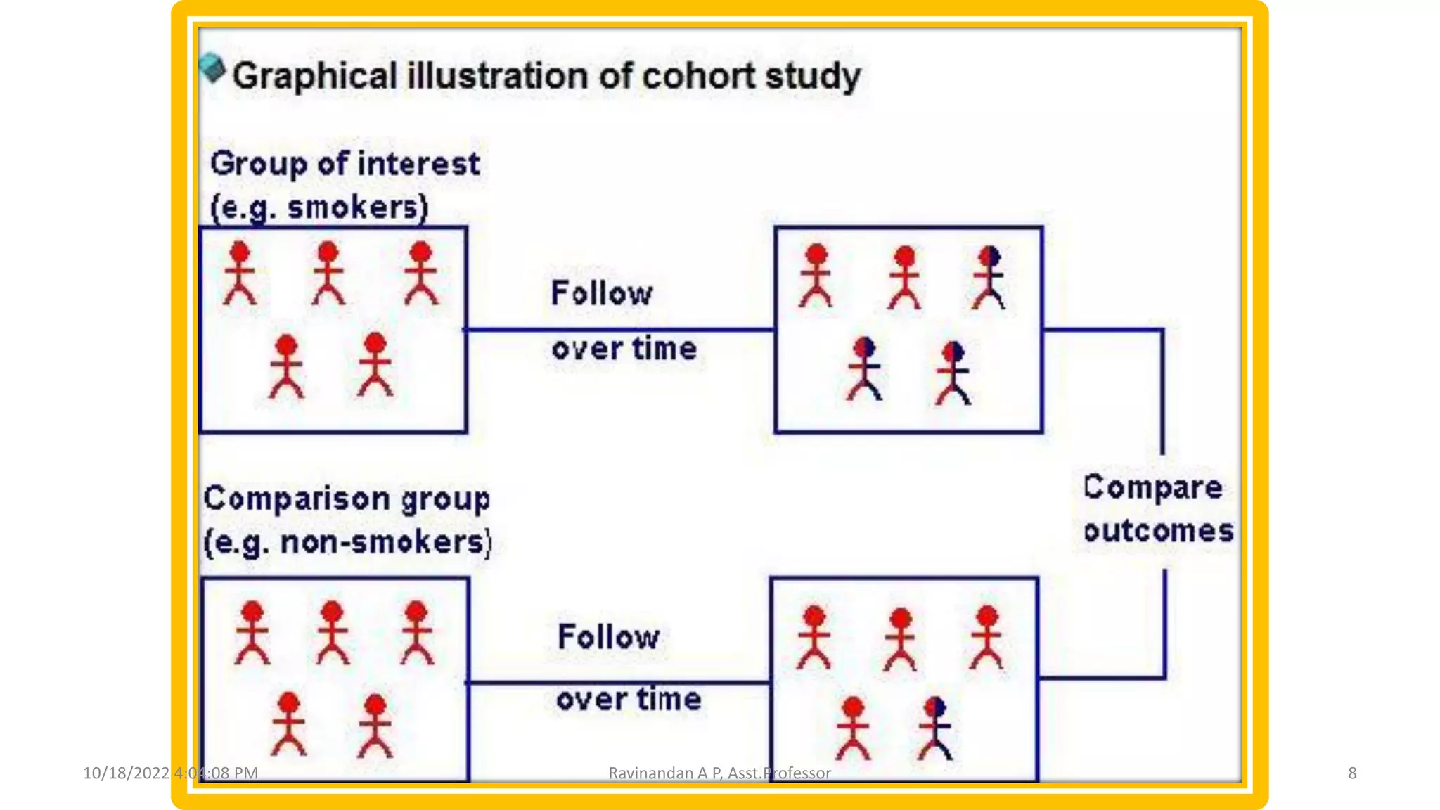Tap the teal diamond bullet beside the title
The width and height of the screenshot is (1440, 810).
[212, 69]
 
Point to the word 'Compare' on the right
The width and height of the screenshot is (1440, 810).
[1152, 487]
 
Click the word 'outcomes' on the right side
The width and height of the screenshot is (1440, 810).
[1158, 531]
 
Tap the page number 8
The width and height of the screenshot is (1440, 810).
[1351, 773]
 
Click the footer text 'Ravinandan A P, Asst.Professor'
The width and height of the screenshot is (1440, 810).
[719, 773]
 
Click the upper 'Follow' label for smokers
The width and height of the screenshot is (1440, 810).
[602, 293]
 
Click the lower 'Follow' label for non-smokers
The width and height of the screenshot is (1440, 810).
[609, 637]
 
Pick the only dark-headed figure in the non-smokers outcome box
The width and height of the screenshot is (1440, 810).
[935, 728]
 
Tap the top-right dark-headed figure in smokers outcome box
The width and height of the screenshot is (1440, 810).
[989, 277]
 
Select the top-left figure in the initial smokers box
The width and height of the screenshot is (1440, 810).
[240, 273]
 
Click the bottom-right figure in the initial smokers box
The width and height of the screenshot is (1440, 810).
[375, 364]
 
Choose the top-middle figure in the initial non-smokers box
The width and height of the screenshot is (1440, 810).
[332, 632]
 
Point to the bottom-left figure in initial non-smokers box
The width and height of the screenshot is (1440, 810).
[289, 724]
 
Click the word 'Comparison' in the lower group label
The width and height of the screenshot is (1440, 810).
[297, 499]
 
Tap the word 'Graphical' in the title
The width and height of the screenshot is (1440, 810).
[315, 76]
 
